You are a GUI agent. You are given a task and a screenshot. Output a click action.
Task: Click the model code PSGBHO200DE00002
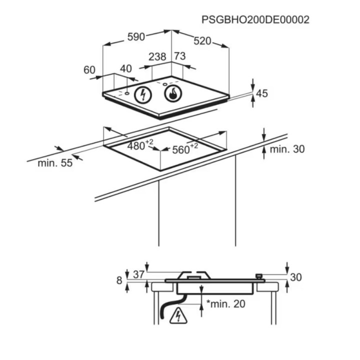coord(255,19)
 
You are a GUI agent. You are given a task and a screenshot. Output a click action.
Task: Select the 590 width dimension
coord(136,37)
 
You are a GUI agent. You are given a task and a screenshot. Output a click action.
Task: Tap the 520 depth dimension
coord(202,41)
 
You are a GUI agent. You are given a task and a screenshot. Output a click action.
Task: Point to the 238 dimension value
coord(157,56)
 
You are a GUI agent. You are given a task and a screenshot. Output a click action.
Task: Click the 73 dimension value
coord(180,56)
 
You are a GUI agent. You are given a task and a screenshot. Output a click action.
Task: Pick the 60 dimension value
coord(89,70)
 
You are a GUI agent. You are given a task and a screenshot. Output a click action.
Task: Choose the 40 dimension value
coord(126,68)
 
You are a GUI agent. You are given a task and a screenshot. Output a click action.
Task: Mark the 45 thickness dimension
coord(262,93)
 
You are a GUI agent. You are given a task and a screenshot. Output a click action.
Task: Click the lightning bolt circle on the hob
coord(143,95)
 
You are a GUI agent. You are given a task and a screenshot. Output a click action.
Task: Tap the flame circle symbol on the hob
coord(173,93)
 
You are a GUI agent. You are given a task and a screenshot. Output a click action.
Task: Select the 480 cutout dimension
coord(140,145)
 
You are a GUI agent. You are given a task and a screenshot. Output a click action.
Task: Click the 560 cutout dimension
coord(185,149)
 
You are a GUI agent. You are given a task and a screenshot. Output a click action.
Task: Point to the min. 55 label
coord(55,163)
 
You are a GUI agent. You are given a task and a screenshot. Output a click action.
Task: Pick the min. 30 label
coord(287,149)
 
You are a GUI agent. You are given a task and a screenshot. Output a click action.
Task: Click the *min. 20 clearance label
coord(225,304)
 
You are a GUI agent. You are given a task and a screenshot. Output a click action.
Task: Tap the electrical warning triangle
coord(178,316)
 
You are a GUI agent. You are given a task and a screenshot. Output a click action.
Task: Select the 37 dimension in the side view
coord(138,274)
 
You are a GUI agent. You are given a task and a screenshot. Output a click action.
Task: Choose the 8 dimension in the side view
coord(119,280)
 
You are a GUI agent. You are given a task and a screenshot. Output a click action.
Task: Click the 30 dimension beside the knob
coord(296,277)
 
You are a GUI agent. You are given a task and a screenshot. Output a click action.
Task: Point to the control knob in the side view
coord(259,276)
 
